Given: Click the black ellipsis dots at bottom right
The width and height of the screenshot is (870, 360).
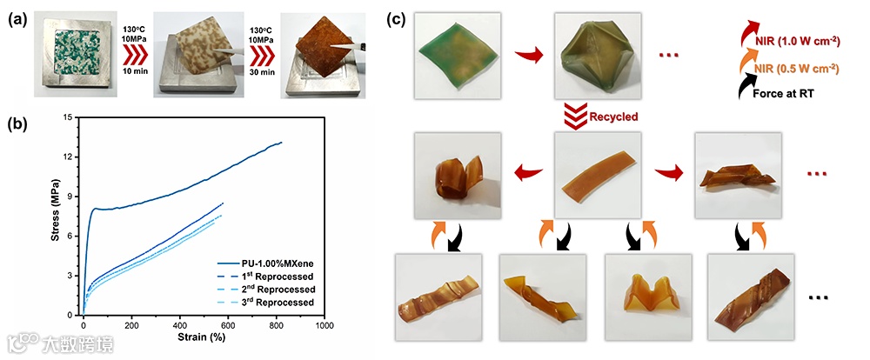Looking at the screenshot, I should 818,298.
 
